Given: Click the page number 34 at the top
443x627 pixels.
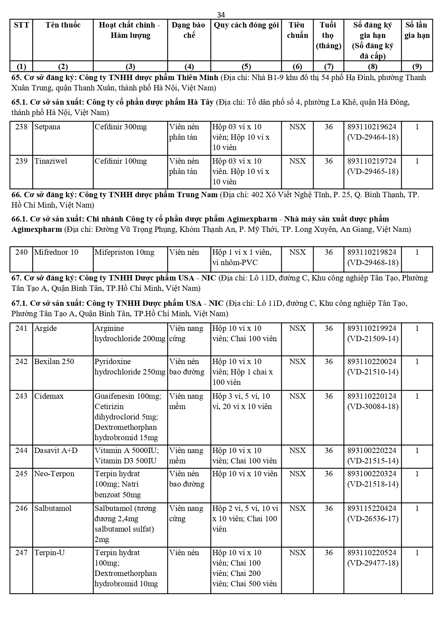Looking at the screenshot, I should (221, 15).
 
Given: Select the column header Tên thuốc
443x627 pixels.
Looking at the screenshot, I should (63, 25).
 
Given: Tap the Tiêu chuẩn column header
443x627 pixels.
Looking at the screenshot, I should (297, 30).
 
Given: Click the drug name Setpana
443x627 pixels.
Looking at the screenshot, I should (47, 127).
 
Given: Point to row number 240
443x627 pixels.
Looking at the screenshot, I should (21, 252).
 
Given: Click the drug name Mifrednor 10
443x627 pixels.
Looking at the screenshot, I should (56, 252).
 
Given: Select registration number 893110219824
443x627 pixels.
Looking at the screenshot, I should (372, 252).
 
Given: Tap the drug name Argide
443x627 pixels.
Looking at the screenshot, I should (45, 328).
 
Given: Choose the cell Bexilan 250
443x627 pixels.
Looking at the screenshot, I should (54, 362).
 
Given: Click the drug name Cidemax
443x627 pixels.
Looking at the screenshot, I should (49, 396).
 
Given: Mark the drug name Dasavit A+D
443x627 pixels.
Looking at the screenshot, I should (56, 451).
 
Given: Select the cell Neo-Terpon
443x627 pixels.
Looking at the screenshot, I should (54, 474).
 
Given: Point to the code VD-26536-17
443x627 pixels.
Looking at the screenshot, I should (373, 519).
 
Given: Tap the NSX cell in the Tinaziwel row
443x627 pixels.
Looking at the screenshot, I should (297, 161).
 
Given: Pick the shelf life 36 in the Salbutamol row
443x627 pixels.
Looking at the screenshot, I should (328, 508).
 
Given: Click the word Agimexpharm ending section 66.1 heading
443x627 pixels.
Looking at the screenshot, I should (37, 229).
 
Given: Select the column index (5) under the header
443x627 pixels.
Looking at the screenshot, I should (246, 66).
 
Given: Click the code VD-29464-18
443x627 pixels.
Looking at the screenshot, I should (373, 137).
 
